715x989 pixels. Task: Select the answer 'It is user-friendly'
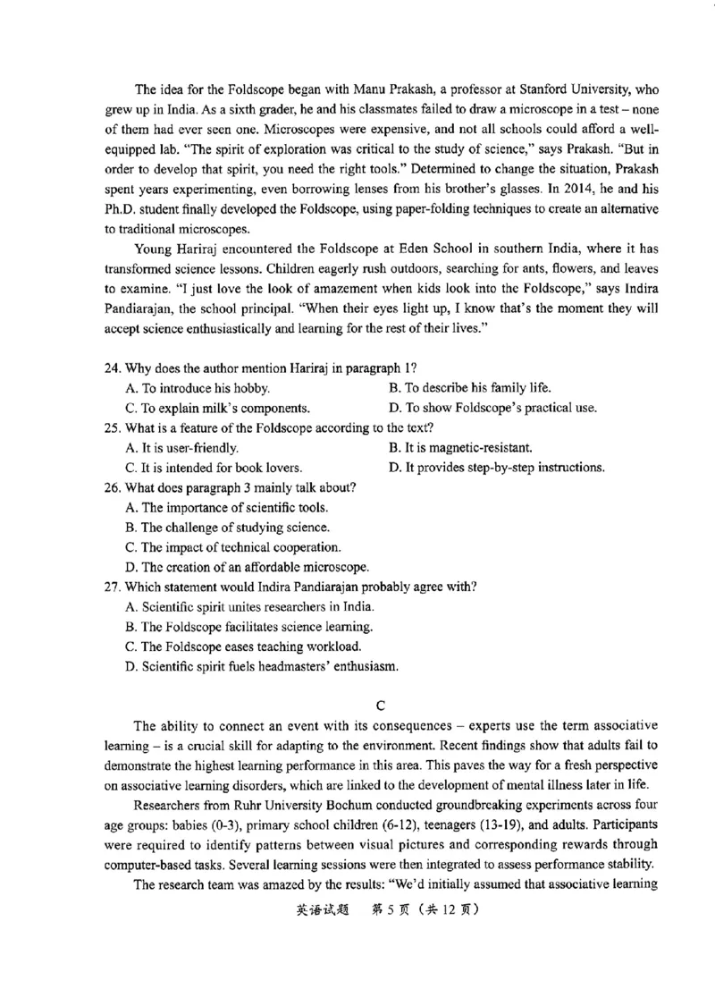[x=182, y=448]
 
